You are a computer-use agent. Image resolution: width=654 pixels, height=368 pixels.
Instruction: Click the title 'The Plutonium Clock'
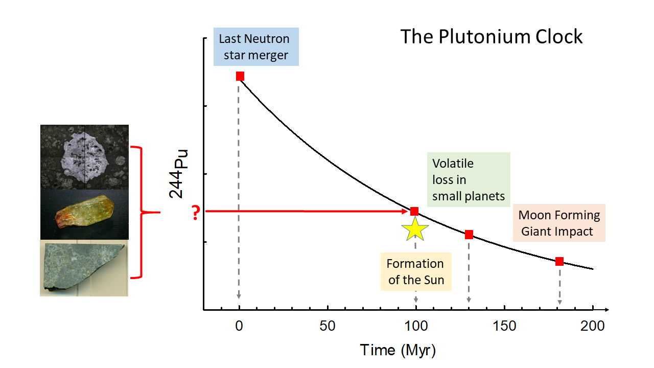491,37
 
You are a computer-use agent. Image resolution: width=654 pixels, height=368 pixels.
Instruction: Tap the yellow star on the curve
415,229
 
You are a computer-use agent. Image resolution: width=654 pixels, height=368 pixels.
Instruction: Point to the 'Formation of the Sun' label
415,272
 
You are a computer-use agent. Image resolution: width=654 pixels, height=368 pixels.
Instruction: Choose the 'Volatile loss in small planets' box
468,180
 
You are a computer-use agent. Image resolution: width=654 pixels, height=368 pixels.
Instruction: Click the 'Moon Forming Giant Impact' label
559,223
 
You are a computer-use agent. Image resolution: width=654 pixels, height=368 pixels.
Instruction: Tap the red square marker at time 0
240,76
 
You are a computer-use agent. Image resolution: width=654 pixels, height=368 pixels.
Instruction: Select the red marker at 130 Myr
469,235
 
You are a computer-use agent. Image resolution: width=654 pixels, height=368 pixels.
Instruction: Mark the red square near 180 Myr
559,262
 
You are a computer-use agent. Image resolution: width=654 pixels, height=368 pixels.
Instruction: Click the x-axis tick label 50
327,326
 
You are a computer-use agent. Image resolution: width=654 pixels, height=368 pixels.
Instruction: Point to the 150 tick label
504,326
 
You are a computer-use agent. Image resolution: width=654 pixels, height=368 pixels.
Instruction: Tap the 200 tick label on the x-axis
593,326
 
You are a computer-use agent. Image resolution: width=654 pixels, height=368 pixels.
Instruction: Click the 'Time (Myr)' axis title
398,350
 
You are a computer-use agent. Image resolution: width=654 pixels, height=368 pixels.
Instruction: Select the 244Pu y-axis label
179,174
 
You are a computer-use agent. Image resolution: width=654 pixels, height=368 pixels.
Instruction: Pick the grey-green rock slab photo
84,268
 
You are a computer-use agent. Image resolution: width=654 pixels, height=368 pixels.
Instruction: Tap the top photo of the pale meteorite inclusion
84,157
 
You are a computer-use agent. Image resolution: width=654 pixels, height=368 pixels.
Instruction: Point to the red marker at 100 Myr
414,211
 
